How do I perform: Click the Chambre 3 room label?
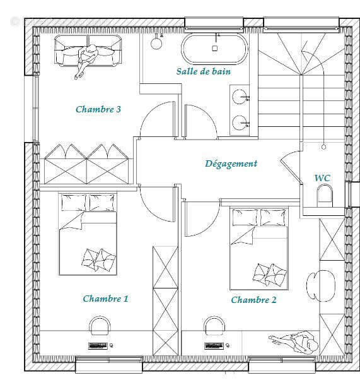(98, 109)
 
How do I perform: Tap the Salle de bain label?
(203, 71)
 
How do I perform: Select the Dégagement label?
(231, 163)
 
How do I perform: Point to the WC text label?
(322, 178)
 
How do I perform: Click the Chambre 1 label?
(106, 299)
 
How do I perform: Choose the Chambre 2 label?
(253, 300)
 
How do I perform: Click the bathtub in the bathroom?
(214, 47)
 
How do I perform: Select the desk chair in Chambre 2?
(214, 326)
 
